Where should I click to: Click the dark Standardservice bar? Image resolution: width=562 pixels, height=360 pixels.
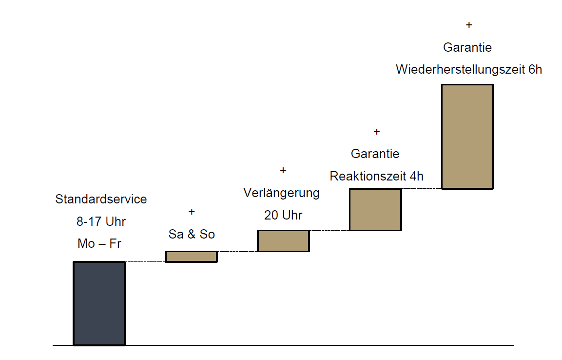tap(99, 303)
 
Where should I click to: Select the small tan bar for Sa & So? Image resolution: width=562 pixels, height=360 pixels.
tap(191, 257)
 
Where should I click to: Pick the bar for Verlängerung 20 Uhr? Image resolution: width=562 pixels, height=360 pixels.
tap(283, 241)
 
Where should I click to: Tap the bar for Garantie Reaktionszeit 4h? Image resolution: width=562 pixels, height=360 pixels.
tap(375, 209)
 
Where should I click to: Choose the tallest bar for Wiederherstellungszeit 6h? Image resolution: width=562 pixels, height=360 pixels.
tap(467, 137)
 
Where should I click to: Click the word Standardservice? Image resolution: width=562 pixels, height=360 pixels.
tap(101, 199)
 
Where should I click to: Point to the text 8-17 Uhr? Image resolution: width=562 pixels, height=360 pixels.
tap(101, 221)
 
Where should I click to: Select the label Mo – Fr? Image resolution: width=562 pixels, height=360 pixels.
tap(99, 243)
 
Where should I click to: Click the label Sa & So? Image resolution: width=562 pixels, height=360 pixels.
tap(192, 234)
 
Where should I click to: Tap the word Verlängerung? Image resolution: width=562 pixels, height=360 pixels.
tap(282, 193)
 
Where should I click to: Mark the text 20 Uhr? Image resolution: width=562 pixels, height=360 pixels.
tap(283, 215)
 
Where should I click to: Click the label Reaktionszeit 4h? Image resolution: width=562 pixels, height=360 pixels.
tap(377, 176)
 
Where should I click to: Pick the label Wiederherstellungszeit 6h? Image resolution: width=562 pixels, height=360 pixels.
tap(469, 69)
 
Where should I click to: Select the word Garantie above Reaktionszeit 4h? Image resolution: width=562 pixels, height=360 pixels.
tap(375, 154)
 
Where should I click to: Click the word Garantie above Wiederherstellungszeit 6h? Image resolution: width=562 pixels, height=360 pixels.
tap(467, 47)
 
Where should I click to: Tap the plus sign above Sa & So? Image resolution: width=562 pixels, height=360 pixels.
tap(192, 212)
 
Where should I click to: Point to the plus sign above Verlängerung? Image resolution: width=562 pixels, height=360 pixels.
tap(283, 170)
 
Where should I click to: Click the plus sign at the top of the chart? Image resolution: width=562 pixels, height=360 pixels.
tap(469, 25)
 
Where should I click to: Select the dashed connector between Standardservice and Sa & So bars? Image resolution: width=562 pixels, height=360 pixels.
tap(145, 262)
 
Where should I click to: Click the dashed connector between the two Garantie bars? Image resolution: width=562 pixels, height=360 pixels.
tap(422, 188)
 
